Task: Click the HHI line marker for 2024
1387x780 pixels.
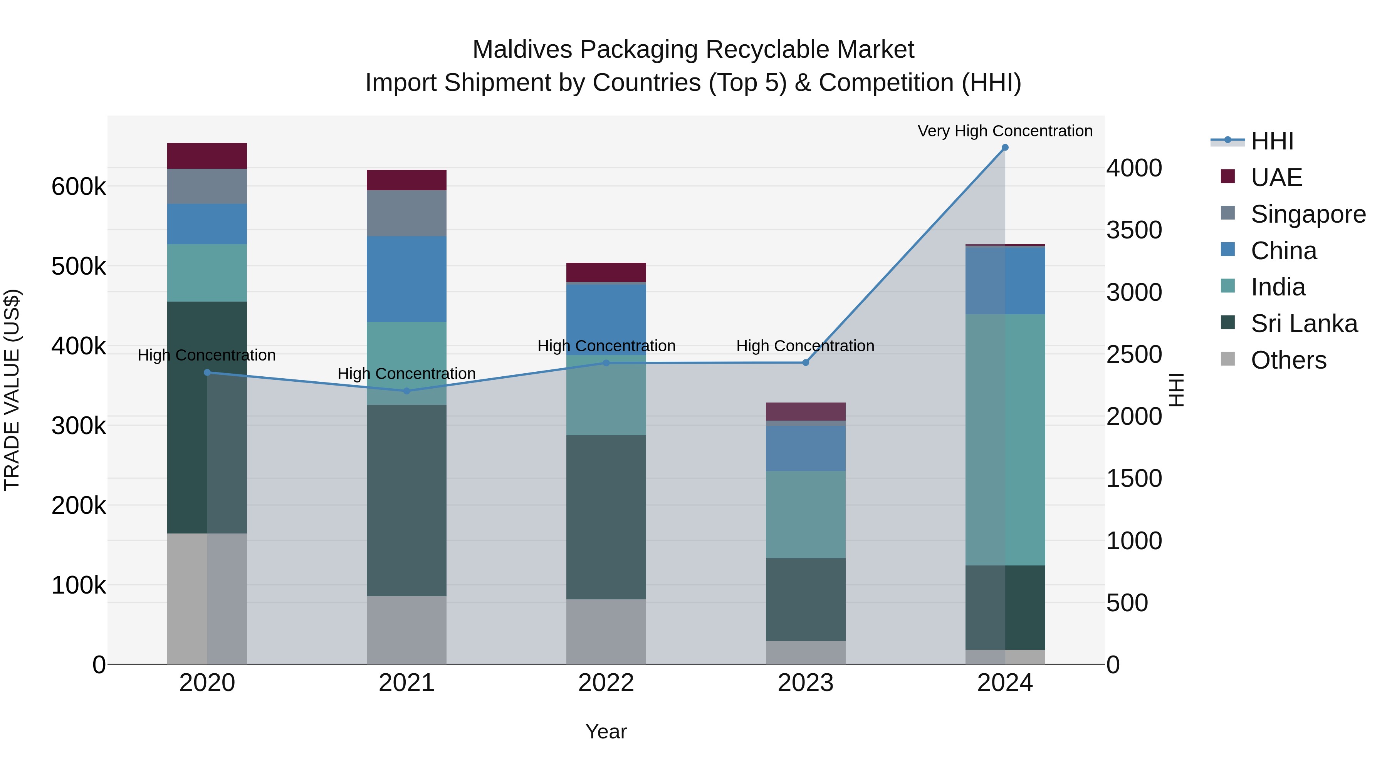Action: (1005, 148)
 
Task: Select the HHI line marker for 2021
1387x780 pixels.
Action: (406, 391)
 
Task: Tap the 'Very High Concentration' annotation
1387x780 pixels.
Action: (1005, 131)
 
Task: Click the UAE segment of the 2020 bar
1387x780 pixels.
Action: (207, 156)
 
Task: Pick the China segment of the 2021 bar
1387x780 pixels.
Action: (406, 279)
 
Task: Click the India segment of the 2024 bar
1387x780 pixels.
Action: (1005, 439)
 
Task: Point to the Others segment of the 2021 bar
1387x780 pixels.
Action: (406, 630)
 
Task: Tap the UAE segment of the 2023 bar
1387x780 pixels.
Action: (806, 411)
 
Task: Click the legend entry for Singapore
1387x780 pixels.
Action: (1308, 214)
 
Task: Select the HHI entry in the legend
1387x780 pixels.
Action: (1272, 141)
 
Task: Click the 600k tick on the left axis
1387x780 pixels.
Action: (79, 187)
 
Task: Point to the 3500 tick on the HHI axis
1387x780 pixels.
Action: (1134, 230)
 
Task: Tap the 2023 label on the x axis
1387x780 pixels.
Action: (806, 683)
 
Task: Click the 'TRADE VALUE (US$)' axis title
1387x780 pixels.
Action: (12, 390)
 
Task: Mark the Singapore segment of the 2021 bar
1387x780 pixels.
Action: (406, 213)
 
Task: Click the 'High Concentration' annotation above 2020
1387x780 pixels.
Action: (207, 355)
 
